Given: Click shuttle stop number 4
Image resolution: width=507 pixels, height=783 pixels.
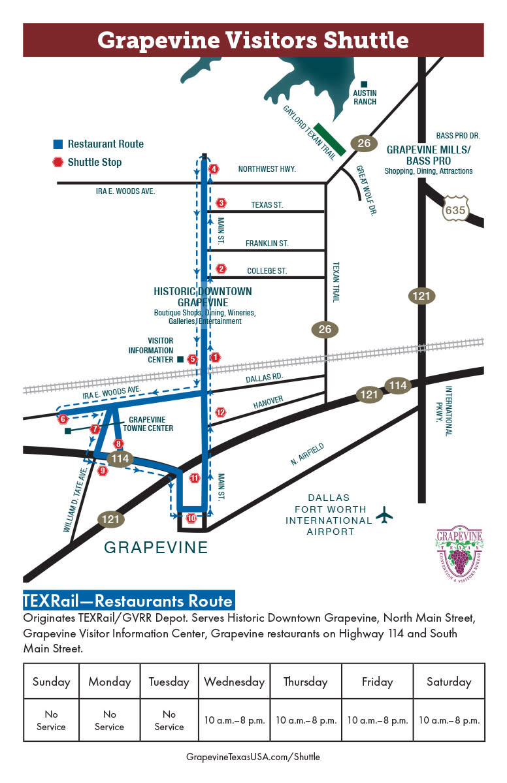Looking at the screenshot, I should [x=214, y=169].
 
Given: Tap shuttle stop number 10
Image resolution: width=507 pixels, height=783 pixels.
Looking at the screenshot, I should [x=191, y=518].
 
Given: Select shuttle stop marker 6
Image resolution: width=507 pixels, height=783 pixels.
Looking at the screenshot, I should [x=63, y=419].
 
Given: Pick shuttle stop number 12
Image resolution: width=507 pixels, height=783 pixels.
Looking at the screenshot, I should [x=220, y=412].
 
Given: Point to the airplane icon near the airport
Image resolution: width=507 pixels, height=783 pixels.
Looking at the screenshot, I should [x=384, y=515].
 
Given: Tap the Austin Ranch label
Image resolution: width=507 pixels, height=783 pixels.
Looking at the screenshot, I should [x=365, y=97].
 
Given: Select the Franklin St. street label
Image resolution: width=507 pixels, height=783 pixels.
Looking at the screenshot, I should [x=267, y=244].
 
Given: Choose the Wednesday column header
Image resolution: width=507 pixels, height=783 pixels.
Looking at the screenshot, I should [x=234, y=681].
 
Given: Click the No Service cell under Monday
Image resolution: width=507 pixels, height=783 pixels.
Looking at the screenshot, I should [x=110, y=721].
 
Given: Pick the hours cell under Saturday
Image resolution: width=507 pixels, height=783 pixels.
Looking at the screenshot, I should [x=449, y=720].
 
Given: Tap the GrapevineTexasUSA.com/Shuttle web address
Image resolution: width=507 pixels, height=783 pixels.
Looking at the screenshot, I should [x=253, y=757].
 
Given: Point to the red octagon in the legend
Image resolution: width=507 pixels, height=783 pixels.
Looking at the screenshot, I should [x=58, y=162].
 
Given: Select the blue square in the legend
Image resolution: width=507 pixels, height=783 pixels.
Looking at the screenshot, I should [x=58, y=144].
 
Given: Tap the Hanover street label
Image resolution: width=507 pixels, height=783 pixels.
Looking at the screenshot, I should [x=268, y=399].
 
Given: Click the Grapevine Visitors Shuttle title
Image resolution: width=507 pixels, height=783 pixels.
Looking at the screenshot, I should [x=253, y=40].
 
